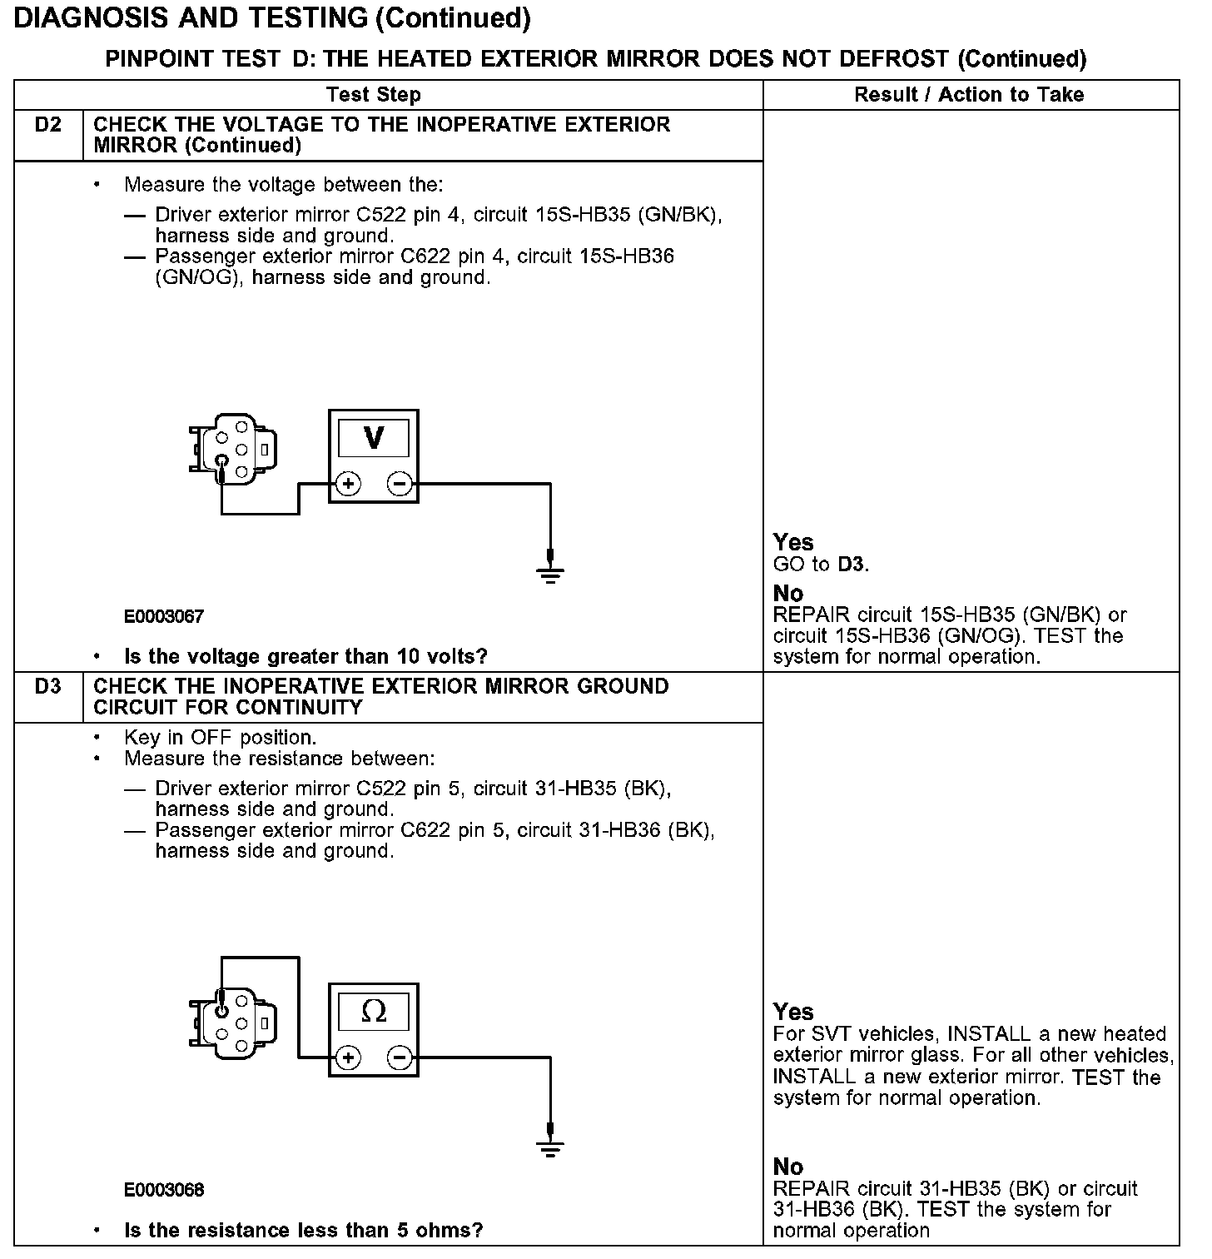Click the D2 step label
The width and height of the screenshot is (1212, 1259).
[x=48, y=125]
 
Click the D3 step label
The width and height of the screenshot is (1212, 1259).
[x=48, y=687]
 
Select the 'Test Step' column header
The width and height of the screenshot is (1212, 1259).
[x=374, y=95]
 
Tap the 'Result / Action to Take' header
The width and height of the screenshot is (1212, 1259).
[x=969, y=95]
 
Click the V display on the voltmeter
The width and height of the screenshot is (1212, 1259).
[x=374, y=438]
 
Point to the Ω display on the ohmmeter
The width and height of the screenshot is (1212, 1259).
[x=374, y=1012]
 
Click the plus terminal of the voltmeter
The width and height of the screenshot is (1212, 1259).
[x=348, y=484]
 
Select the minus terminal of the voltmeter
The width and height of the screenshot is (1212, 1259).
[x=400, y=484]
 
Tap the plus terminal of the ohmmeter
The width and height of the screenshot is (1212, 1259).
[x=348, y=1058]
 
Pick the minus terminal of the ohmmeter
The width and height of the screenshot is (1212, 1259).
[x=400, y=1058]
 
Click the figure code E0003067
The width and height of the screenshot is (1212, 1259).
[x=164, y=617]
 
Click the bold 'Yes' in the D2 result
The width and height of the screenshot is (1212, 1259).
[x=792, y=543]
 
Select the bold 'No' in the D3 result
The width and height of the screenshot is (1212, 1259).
[x=788, y=1166]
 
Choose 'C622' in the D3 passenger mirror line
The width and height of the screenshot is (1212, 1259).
[x=425, y=830]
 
